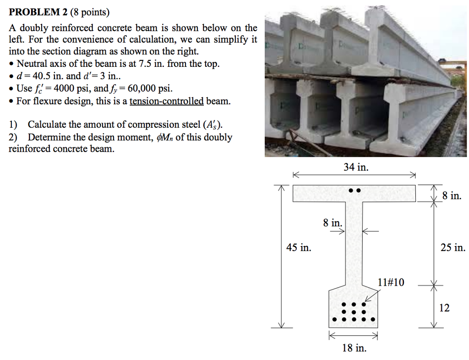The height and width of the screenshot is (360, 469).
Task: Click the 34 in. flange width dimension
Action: coord(356,168)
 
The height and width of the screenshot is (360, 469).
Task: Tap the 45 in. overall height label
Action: coord(299,248)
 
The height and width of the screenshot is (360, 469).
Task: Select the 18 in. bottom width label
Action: coord(354,349)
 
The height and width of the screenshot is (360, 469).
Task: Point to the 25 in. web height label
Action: coord(453,248)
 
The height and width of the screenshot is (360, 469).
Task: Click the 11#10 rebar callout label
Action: coord(391,282)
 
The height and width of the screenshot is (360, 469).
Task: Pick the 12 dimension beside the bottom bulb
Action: coord(444,308)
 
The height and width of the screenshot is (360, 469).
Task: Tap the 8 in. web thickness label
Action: coord(332,223)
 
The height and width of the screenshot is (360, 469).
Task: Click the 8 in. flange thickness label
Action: coord(452,196)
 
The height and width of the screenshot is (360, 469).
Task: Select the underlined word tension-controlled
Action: coord(167,101)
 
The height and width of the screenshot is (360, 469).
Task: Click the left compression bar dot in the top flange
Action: coord(351,190)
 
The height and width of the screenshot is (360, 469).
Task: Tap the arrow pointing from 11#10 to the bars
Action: coord(371,296)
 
